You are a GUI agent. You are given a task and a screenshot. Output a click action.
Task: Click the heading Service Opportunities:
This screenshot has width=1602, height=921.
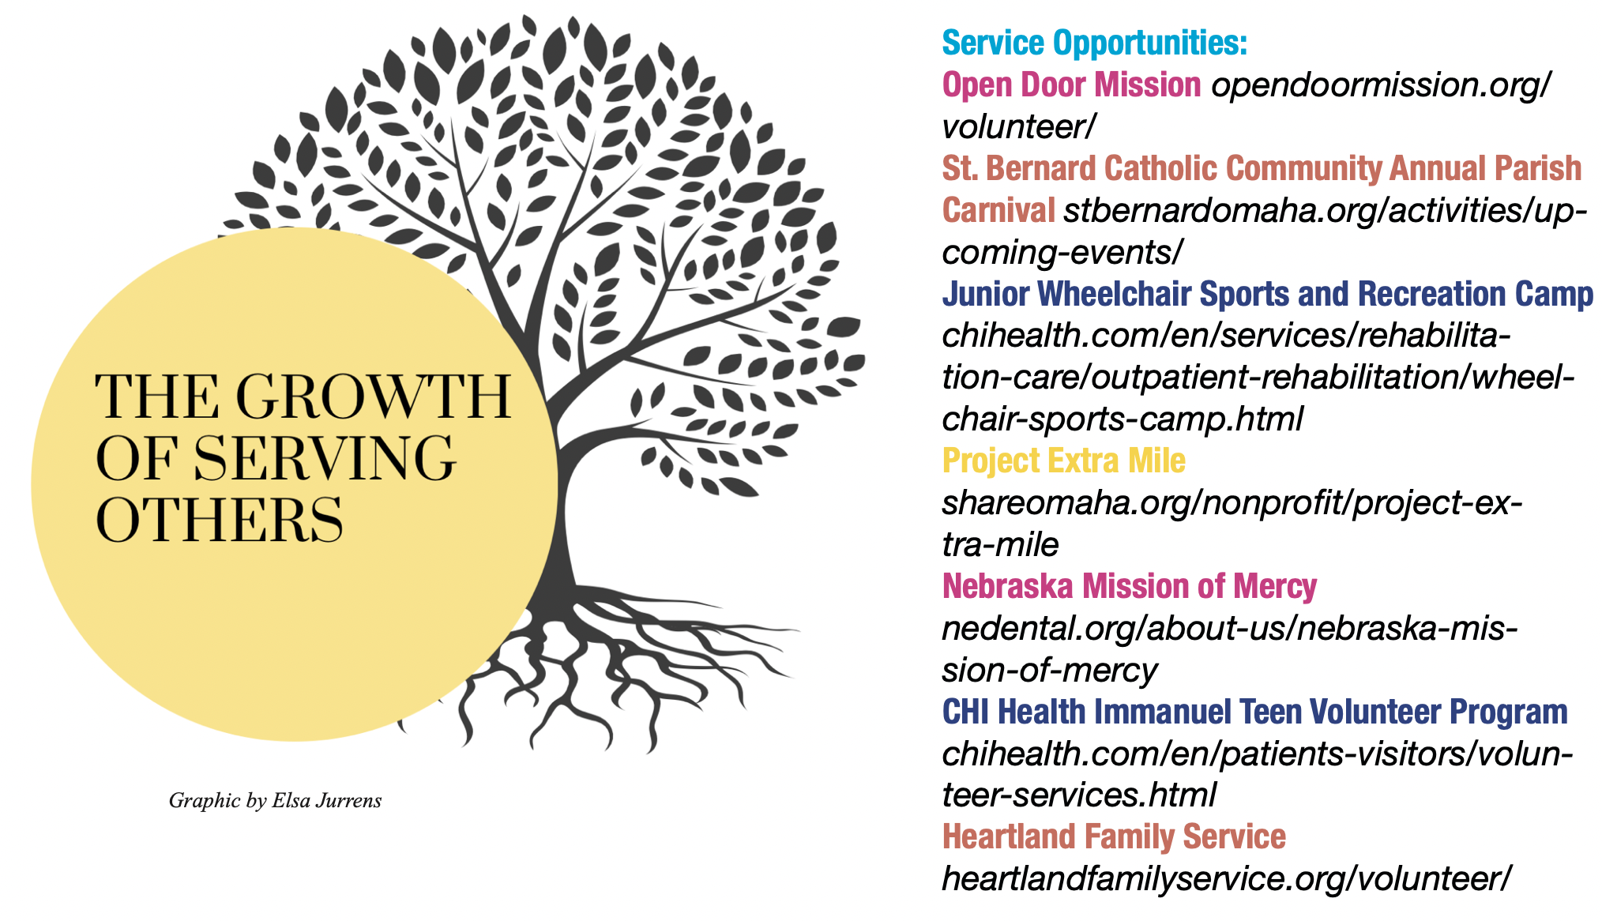pyautogui.click(x=1094, y=43)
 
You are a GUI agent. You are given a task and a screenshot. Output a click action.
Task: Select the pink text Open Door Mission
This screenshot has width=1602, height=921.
pyautogui.click(x=1071, y=85)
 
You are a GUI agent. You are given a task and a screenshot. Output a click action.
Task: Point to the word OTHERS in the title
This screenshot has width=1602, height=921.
pyautogui.click(x=220, y=520)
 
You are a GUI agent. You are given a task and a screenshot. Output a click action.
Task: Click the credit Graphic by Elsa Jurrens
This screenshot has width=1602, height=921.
pyautogui.click(x=275, y=801)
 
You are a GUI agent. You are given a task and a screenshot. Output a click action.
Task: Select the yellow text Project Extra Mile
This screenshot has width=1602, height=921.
pyautogui.click(x=1064, y=460)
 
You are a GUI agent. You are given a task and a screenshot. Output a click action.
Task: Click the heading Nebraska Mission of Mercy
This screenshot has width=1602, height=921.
pyautogui.click(x=1130, y=586)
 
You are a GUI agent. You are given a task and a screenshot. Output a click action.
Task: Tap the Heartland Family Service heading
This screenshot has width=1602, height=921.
pyautogui.click(x=1114, y=836)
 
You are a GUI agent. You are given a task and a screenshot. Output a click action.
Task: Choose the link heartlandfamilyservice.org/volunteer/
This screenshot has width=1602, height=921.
pyautogui.click(x=1227, y=879)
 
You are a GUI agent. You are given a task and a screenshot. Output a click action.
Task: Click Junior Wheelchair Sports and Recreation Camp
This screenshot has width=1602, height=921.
pyautogui.click(x=1268, y=294)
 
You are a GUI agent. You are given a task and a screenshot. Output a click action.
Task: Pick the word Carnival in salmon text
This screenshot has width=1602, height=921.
pyautogui.click(x=998, y=210)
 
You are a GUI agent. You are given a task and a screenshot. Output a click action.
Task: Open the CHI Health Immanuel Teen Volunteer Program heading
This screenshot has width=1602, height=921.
pyautogui.click(x=1255, y=712)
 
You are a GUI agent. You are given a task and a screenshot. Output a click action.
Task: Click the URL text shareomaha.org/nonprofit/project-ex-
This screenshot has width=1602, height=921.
pyautogui.click(x=1232, y=503)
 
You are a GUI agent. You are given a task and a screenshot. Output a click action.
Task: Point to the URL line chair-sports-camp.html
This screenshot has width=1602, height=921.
pyautogui.click(x=1123, y=419)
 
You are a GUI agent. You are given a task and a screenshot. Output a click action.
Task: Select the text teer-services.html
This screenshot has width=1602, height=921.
pyautogui.click(x=1079, y=795)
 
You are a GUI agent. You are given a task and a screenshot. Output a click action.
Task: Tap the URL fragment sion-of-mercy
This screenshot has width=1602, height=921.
pyautogui.click(x=1050, y=671)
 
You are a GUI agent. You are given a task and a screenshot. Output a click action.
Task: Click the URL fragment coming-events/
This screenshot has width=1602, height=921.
pyautogui.click(x=1062, y=253)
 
